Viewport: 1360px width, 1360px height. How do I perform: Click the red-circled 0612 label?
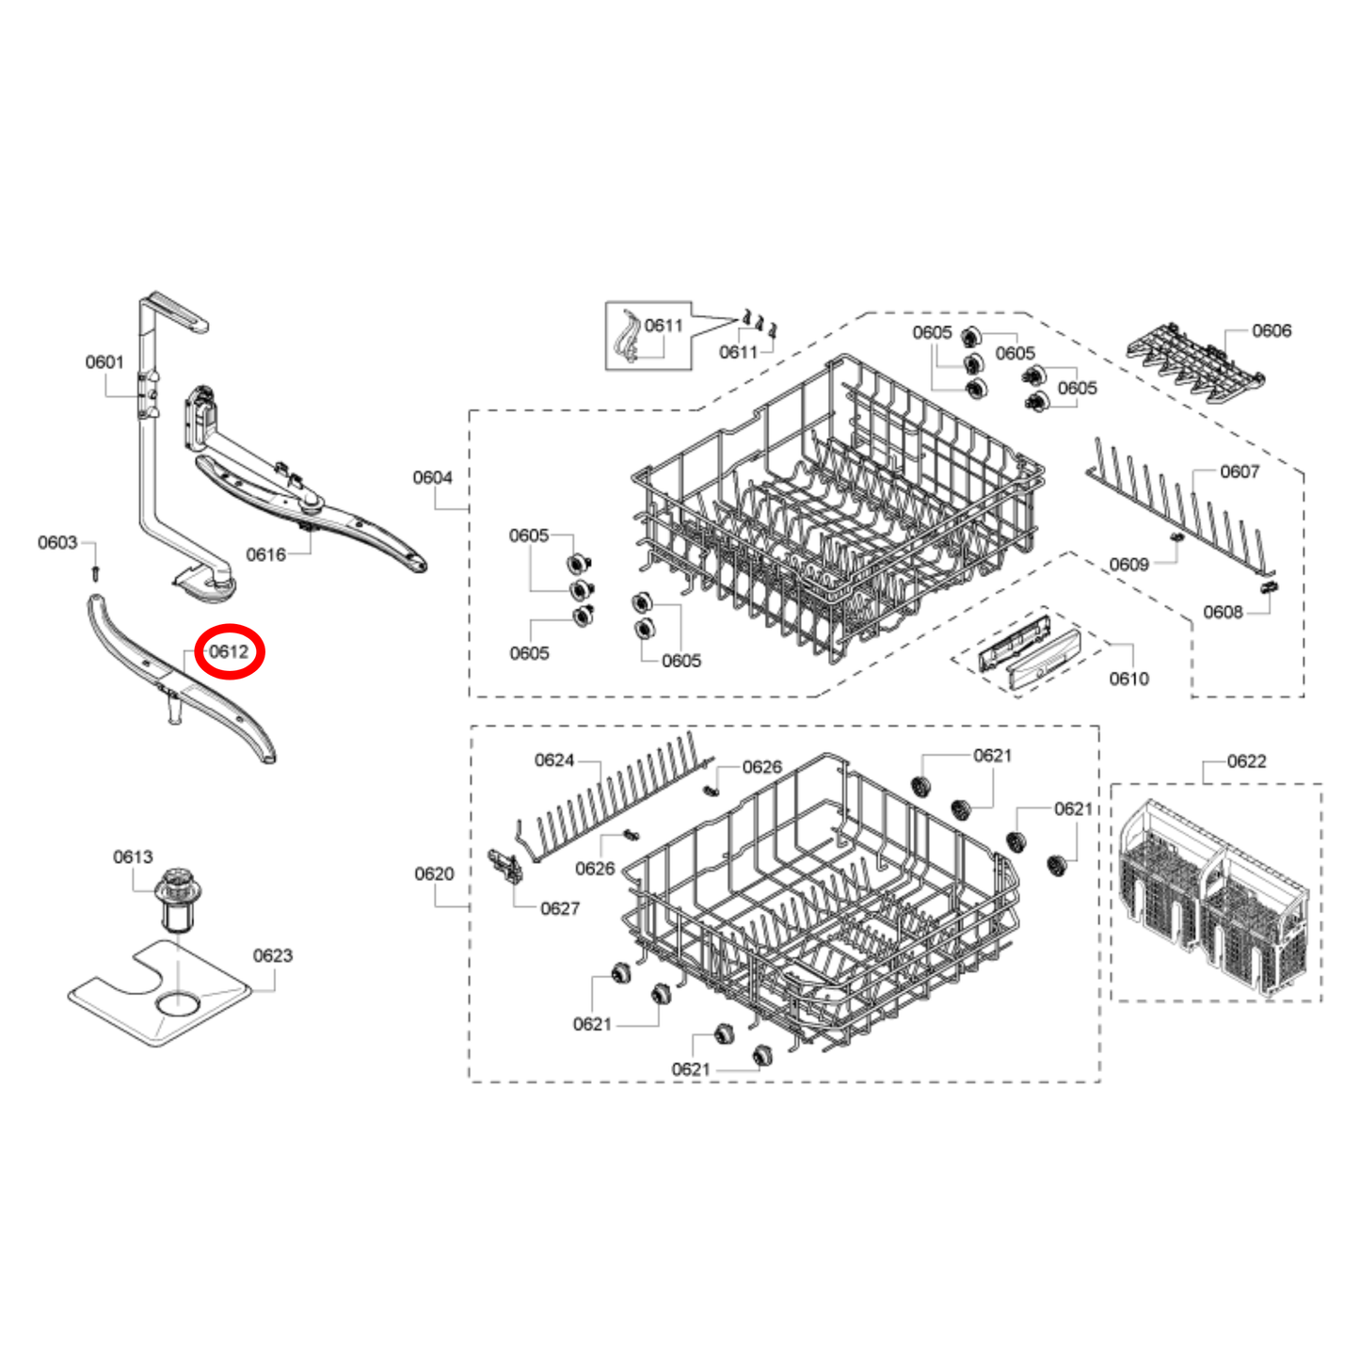229,651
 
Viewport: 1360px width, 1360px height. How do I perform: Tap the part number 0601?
104,362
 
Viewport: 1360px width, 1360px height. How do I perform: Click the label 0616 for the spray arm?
265,555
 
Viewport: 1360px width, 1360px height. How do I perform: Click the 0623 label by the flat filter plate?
272,956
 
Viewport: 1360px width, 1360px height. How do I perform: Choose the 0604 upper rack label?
432,478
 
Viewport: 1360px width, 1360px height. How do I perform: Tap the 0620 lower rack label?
434,874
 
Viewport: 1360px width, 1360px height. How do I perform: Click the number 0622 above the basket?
1246,761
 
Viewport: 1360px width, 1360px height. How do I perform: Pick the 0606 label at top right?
1272,331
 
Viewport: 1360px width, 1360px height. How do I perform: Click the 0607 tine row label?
1239,472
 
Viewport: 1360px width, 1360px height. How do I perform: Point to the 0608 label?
1223,613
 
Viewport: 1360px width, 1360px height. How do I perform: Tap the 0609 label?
1128,565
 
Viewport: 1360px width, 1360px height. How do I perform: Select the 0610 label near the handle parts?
1128,680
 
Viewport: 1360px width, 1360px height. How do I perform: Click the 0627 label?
560,909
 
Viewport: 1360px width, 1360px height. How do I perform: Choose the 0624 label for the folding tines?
554,760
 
